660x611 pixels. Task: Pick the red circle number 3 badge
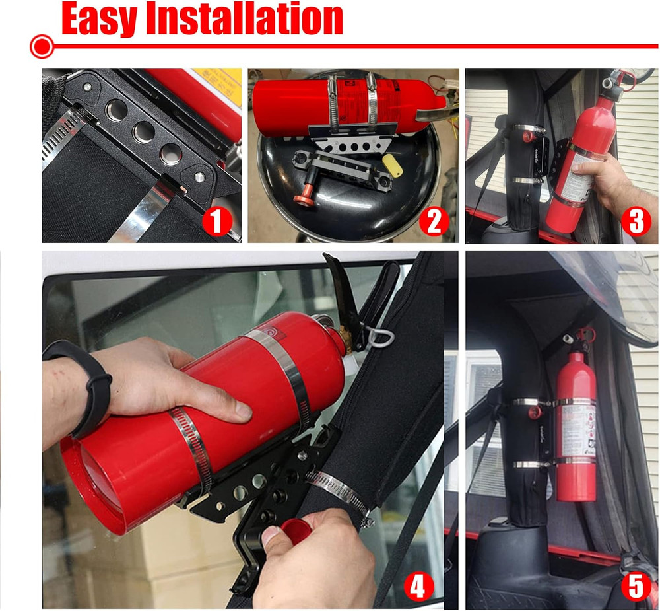635,222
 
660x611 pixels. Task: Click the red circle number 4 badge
417,585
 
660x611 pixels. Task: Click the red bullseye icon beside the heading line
42,46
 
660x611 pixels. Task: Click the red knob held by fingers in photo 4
294,528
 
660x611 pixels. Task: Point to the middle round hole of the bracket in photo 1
143,131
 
